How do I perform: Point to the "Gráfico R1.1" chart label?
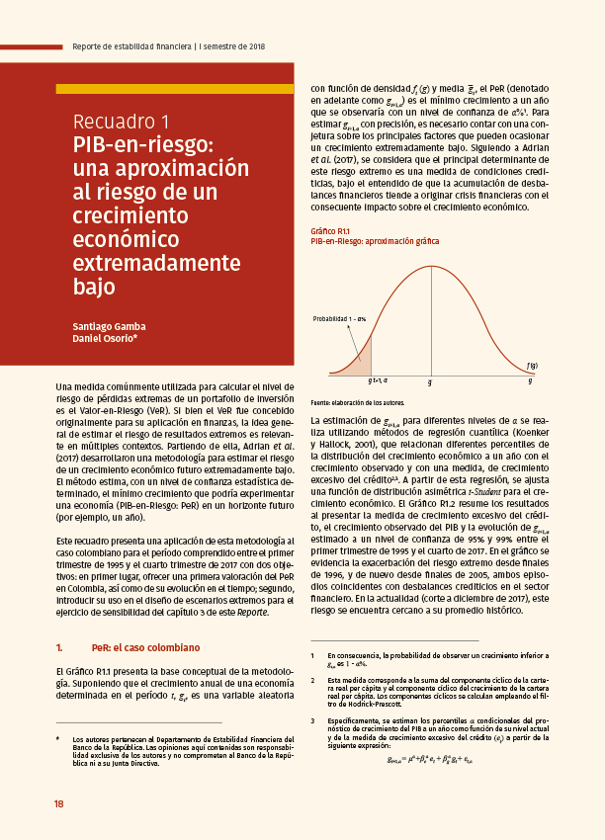pos(331,231)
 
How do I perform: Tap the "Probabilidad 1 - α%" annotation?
pos(340,319)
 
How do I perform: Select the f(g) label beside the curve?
pos(532,366)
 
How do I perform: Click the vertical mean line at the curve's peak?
pos(430,316)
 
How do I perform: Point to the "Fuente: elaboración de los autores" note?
pos(358,403)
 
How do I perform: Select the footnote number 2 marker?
pos(312,681)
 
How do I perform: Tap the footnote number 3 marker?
pos(312,720)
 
